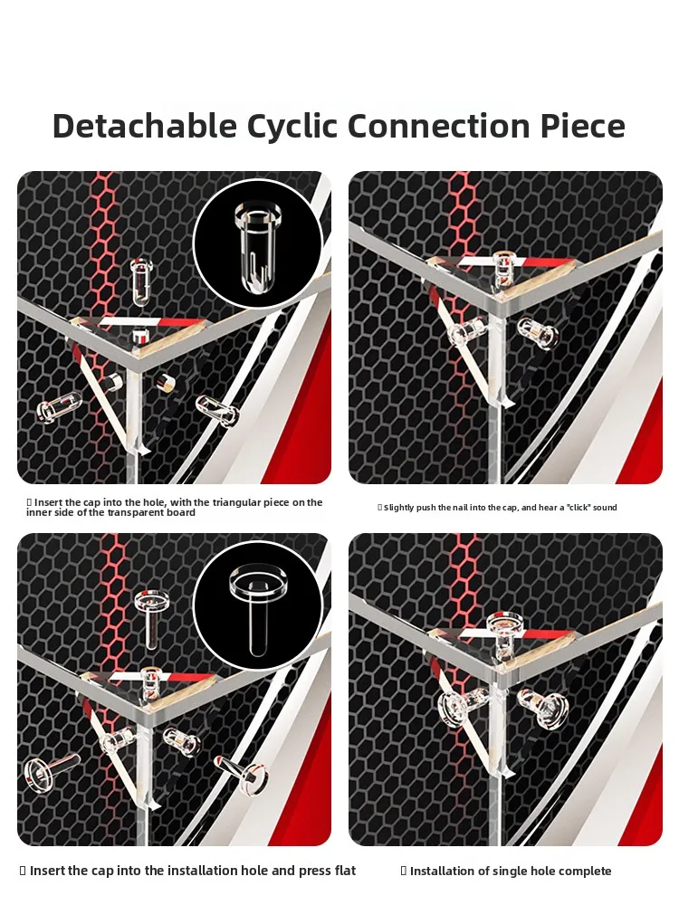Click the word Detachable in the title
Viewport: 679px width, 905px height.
coord(144,125)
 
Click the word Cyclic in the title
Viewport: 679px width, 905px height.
coord(292,127)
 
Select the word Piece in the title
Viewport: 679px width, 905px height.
coord(583,125)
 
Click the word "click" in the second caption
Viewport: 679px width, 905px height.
coord(579,508)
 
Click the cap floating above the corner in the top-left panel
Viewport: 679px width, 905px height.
coord(139,281)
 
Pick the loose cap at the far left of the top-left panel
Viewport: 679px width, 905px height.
coord(59,406)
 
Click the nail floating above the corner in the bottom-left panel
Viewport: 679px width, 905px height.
coord(152,616)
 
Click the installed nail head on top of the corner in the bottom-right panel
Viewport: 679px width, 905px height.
coord(504,624)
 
